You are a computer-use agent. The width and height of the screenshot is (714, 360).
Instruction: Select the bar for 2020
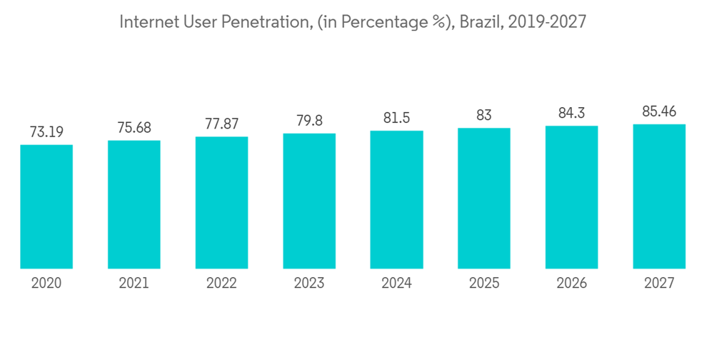tap(46, 206)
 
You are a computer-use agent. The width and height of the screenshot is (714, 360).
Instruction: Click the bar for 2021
tap(134, 204)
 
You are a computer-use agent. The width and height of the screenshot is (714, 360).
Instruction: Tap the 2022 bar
tap(221, 202)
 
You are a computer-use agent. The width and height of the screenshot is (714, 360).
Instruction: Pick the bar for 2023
tap(309, 201)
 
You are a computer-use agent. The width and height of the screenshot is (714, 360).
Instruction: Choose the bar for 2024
tap(396, 199)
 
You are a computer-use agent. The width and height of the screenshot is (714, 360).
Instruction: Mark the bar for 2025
tap(484, 198)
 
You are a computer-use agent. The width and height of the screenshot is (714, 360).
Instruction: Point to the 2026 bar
tap(571, 197)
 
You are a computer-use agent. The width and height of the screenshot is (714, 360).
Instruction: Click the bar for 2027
tap(659, 196)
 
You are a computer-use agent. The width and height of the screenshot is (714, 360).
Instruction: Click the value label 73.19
tap(46, 131)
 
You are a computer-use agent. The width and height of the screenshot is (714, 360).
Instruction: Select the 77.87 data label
tap(221, 124)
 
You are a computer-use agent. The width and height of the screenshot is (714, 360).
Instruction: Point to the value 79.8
tap(309, 121)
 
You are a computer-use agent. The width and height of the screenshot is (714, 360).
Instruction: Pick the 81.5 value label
tap(396, 118)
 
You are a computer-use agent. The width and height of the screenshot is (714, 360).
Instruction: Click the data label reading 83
tap(484, 115)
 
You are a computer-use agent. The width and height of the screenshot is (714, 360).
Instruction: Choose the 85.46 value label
tap(659, 111)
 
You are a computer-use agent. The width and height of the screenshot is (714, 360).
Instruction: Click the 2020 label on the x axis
tap(46, 283)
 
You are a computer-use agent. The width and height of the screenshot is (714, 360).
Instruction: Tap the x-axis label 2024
tap(396, 283)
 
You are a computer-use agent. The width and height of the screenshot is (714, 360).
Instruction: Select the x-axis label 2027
tap(659, 283)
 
